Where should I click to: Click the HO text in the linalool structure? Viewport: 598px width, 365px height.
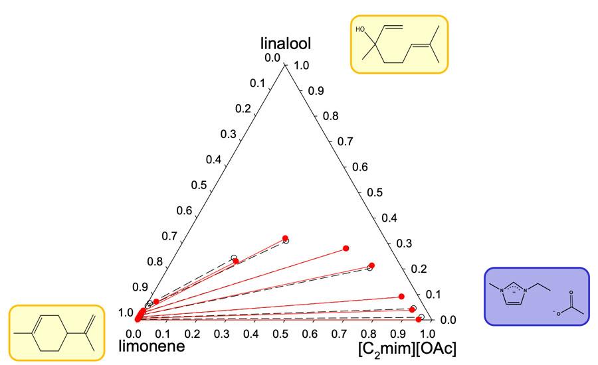click(x=361, y=30)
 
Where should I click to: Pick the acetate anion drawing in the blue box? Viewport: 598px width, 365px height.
click(x=565, y=307)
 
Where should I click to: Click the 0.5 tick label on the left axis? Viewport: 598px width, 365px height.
click(x=197, y=185)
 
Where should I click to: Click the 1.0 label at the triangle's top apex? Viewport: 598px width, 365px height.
click(x=302, y=65)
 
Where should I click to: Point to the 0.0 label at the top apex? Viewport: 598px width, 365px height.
click(x=272, y=58)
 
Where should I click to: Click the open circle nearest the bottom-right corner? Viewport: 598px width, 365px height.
click(x=421, y=317)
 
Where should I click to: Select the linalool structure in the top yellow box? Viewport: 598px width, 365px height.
click(x=399, y=43)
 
